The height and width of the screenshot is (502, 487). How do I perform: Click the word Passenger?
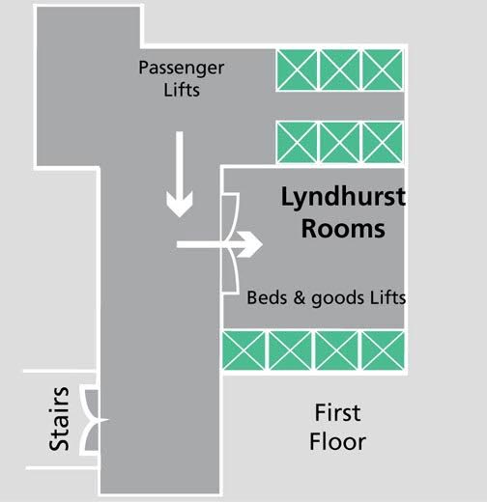coord(182,69)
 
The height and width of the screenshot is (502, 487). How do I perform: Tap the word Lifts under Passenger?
coord(182,89)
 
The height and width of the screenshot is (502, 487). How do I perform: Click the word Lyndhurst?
coord(343,198)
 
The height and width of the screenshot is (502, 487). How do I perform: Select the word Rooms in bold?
coord(343,229)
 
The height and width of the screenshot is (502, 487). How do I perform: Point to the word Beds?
coord(267,297)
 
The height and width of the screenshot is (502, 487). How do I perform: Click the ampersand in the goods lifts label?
coord(300,297)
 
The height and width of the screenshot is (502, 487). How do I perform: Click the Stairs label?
coord(59,419)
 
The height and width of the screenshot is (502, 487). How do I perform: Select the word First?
coord(337,412)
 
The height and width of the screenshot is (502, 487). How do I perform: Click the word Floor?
coord(337,441)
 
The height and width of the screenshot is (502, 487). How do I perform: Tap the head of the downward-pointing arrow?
coord(180,204)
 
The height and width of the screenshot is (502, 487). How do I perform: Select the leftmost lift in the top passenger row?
coord(297,70)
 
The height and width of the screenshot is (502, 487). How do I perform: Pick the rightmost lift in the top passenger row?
coord(383,70)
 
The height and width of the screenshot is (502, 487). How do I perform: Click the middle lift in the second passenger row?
coord(339,142)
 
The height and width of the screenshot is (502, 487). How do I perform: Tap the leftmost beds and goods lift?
coord(243,350)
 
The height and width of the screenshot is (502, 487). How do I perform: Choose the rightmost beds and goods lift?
coord(384,350)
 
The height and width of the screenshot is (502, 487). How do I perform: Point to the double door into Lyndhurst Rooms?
coord(231,243)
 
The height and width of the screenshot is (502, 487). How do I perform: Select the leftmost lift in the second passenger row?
coord(297,142)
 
